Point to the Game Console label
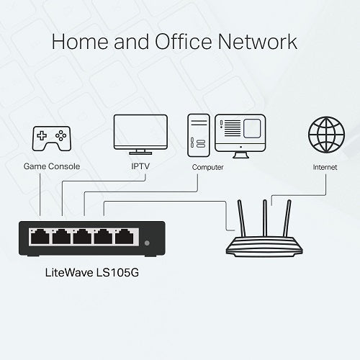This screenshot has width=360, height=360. pos(51,167)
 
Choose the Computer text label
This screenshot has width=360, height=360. pos(207,167)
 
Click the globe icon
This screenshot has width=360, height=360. pos(325,134)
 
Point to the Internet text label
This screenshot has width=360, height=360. pos(325,167)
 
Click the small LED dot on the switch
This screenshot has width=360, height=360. pos(148,243)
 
